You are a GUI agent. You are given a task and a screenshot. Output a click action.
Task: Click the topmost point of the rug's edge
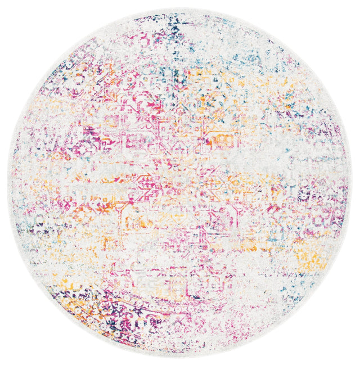point(180,8)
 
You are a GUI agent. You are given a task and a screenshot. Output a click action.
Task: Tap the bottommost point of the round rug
point(180,357)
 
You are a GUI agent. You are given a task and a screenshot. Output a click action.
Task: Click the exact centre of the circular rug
point(180,183)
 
